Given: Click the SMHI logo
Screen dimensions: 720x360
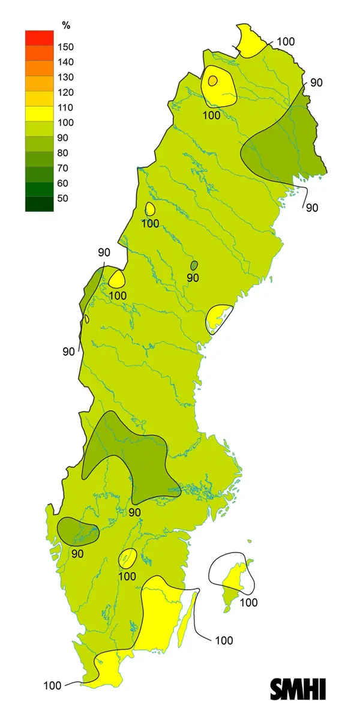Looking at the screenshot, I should pyautogui.click(x=298, y=689).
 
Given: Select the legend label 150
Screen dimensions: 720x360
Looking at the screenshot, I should pyautogui.click(x=65, y=47).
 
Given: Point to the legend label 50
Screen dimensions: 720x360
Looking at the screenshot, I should pyautogui.click(x=63, y=199).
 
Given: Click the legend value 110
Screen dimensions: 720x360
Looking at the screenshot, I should pyautogui.click(x=65, y=107).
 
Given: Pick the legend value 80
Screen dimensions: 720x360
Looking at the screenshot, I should pyautogui.click(x=63, y=153).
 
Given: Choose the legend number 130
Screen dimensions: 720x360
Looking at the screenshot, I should pyautogui.click(x=65, y=77).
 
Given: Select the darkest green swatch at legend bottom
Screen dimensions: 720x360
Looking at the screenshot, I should pyautogui.click(x=39, y=204).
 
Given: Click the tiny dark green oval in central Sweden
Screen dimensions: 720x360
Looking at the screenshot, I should pyautogui.click(x=194, y=265).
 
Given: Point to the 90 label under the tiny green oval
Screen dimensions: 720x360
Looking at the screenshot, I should pyautogui.click(x=193, y=278).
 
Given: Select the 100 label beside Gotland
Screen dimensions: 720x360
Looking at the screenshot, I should pyautogui.click(x=248, y=602).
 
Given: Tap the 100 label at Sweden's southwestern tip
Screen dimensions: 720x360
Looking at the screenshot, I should pyautogui.click(x=52, y=685).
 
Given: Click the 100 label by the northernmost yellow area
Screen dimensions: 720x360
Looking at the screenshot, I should pyautogui.click(x=286, y=41).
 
